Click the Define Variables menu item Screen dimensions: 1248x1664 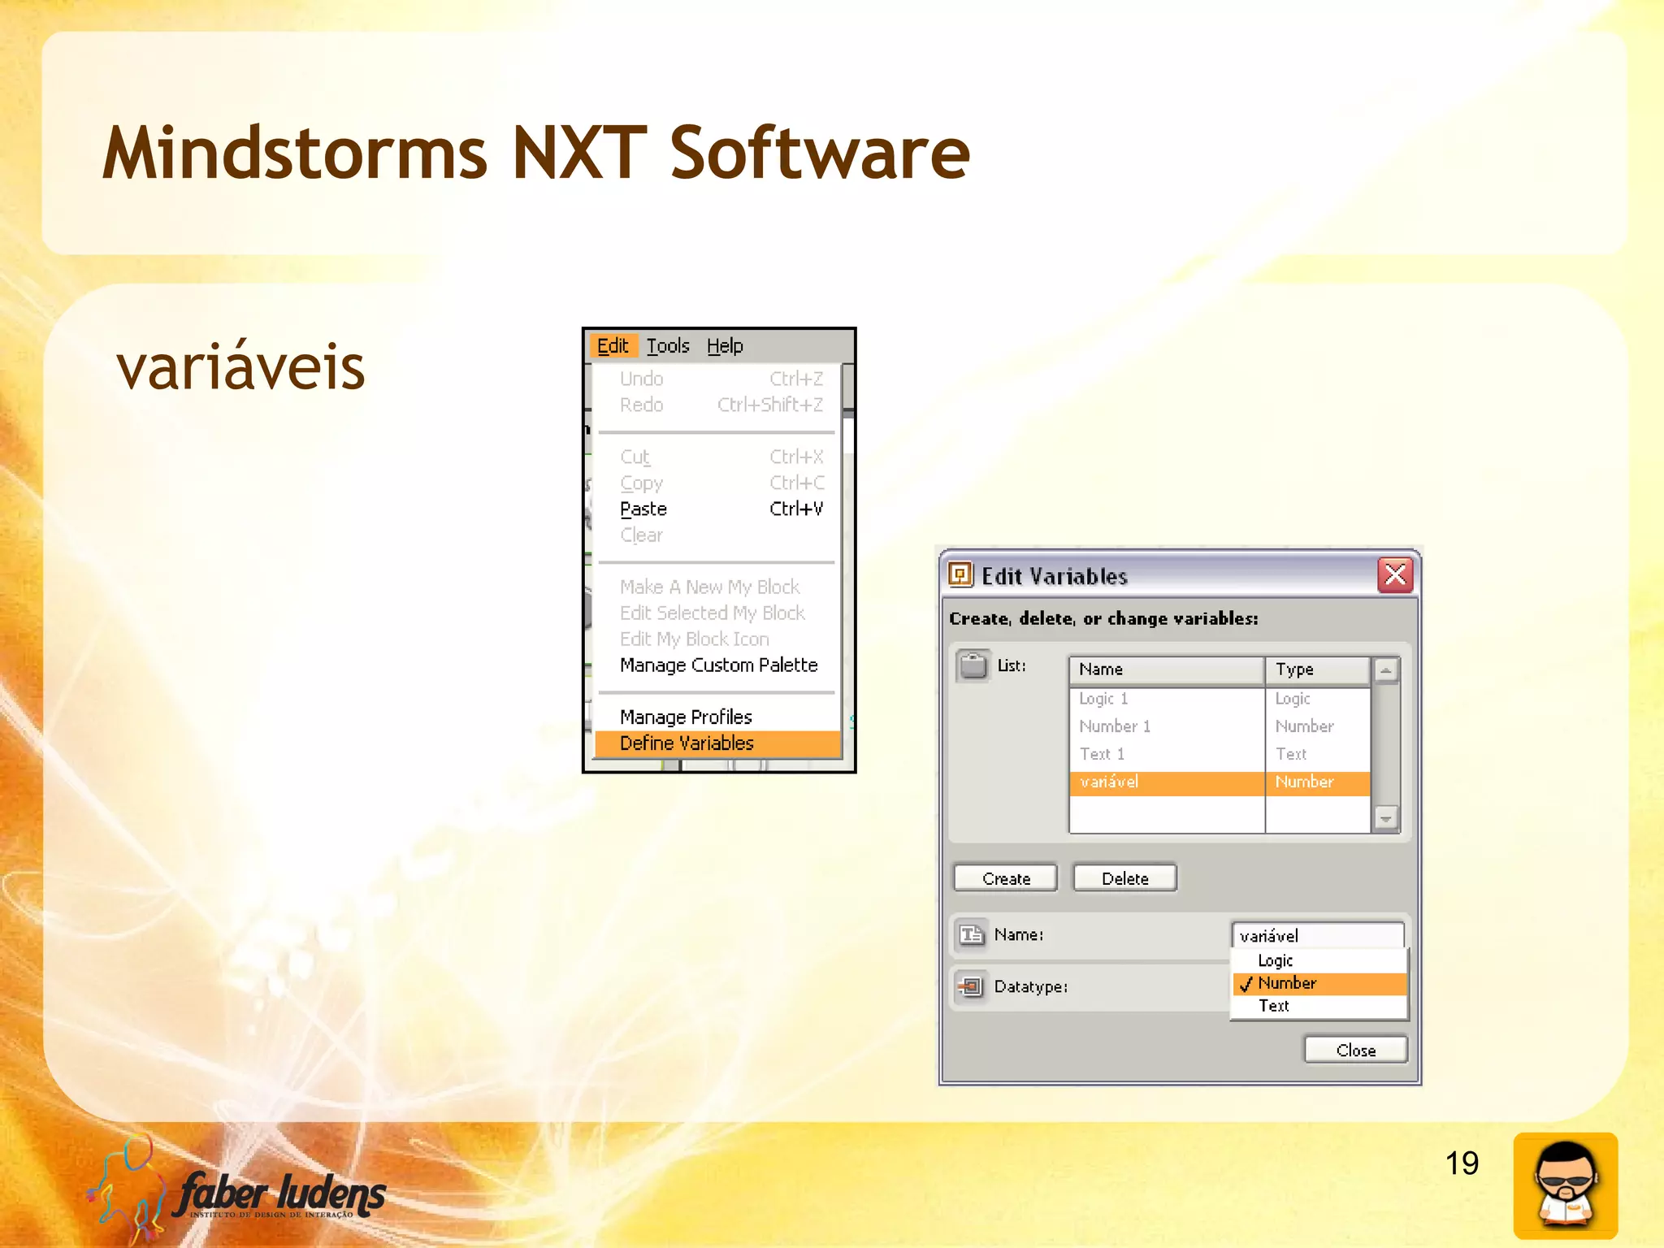(x=687, y=743)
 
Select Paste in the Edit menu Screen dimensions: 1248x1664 (x=643, y=509)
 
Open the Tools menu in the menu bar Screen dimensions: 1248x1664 (x=668, y=346)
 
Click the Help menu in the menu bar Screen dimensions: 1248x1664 (x=725, y=346)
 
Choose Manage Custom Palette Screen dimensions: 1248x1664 (x=718, y=665)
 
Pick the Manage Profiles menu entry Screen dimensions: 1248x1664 (x=686, y=717)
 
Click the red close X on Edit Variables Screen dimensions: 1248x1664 (x=1395, y=575)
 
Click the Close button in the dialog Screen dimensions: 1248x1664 (x=1355, y=1050)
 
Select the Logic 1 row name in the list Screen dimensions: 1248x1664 (x=1103, y=699)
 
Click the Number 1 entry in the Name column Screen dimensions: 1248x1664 (x=1115, y=726)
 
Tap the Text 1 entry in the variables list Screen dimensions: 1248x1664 (x=1102, y=754)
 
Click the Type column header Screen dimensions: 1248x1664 (x=1316, y=669)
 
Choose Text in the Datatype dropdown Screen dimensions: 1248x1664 (x=1274, y=1006)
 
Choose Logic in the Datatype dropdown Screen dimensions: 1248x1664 (x=1275, y=960)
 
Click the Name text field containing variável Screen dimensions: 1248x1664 (x=1316, y=935)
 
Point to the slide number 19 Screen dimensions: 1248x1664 (x=1462, y=1163)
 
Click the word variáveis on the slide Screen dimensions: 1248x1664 (x=240, y=367)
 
